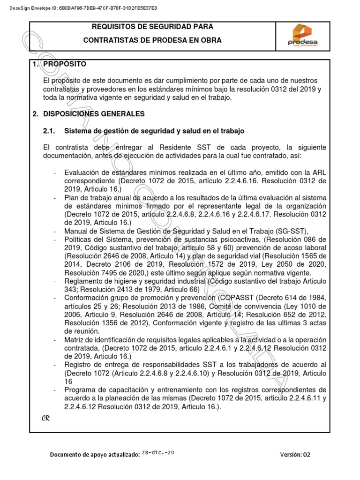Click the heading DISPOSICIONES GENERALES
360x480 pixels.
(94, 114)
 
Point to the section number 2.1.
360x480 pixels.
(49, 131)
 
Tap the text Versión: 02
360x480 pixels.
(295, 454)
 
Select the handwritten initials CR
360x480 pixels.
(45, 418)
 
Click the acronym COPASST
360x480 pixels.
(238, 298)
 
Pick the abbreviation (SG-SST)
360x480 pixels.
(288, 231)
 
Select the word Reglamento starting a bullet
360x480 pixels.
(83, 281)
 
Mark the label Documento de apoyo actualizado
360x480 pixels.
(94, 454)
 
